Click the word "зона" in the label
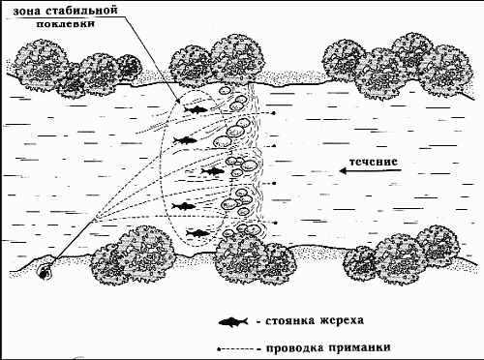[x=21, y=11]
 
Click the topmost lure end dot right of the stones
[x=274, y=113]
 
